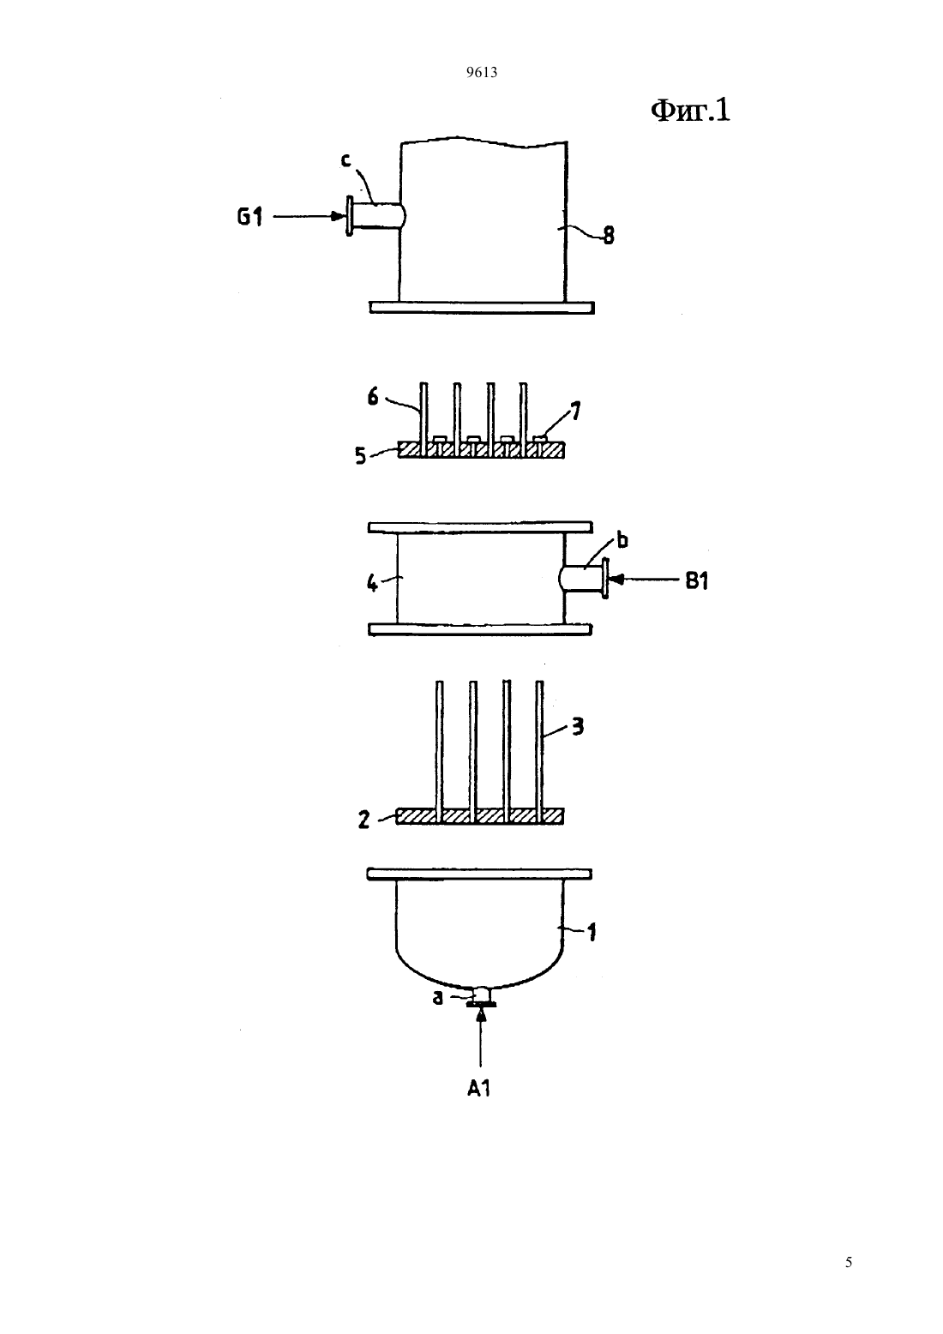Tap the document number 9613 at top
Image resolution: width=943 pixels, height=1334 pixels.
482,73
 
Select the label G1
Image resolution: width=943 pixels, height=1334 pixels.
250,217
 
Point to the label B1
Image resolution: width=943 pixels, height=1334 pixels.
696,580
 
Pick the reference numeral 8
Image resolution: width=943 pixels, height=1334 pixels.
608,236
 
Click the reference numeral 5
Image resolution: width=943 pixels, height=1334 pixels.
360,456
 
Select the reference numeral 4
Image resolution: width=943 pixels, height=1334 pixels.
371,583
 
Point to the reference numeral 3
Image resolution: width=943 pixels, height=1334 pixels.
578,726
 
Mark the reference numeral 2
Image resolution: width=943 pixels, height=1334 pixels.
363,820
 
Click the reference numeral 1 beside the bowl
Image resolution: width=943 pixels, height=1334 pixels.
592,932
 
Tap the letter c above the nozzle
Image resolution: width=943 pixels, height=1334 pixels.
345,159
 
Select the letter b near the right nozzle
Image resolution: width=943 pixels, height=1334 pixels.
622,540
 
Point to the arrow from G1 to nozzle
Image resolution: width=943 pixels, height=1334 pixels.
310,217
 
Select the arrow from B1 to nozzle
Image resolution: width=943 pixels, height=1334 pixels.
644,579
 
